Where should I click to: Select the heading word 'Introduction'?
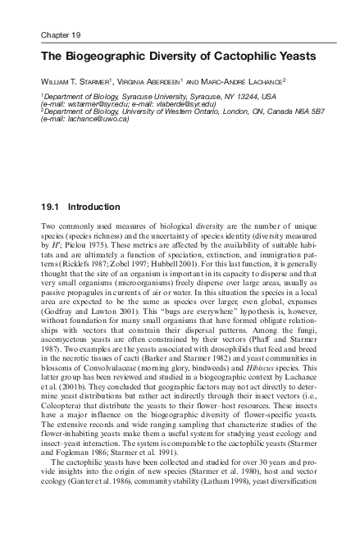tap(95, 207)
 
